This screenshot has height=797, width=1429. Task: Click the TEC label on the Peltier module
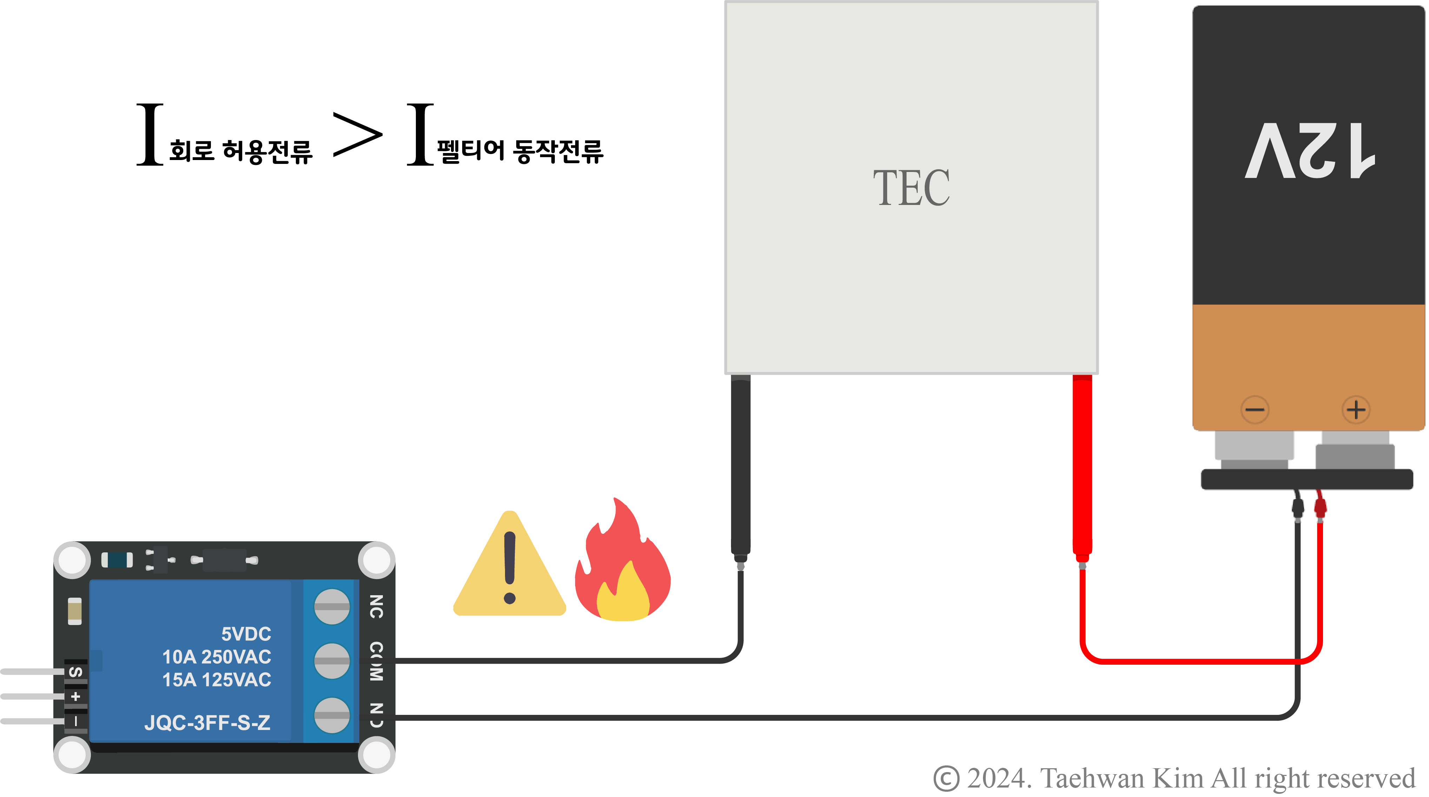click(x=911, y=187)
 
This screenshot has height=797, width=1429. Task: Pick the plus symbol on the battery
click(x=1356, y=410)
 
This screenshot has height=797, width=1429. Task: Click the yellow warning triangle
click(x=509, y=571)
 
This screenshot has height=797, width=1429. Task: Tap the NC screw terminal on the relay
click(x=332, y=606)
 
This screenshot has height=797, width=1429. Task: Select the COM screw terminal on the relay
click(x=332, y=660)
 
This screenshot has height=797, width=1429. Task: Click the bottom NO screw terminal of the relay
click(x=332, y=715)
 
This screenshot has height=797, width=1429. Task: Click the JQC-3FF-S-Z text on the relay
click(x=207, y=723)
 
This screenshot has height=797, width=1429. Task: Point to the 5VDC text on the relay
click(x=246, y=633)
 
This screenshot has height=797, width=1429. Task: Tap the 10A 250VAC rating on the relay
click(x=216, y=657)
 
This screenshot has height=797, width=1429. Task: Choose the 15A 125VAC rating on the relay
click(x=216, y=679)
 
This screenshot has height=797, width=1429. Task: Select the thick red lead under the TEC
click(x=1082, y=466)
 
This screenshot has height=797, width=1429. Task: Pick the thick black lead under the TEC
click(x=740, y=466)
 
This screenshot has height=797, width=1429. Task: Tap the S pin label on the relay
click(x=76, y=672)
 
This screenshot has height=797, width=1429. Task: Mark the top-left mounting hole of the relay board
click(x=72, y=560)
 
